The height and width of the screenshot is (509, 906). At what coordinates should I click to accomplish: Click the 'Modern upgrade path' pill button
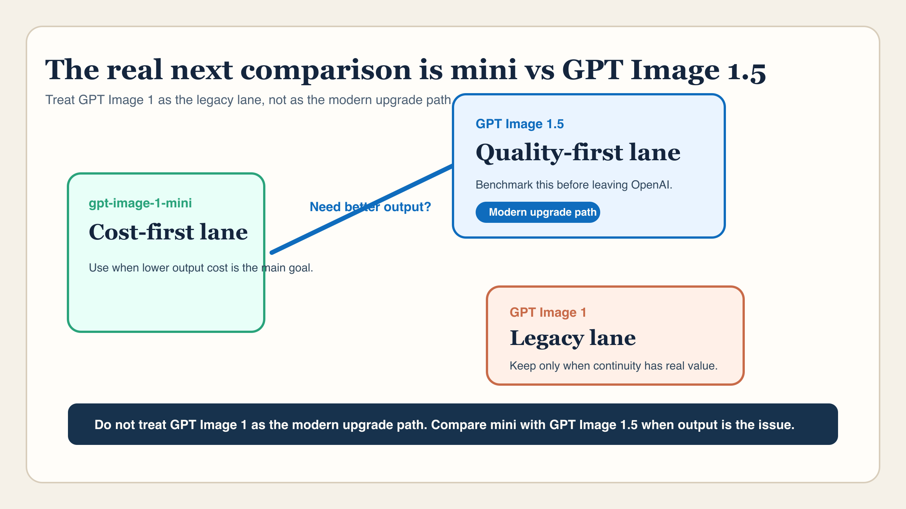point(538,212)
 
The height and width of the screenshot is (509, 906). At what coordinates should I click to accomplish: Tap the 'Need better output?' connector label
point(370,207)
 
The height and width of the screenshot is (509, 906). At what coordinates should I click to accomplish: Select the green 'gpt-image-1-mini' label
point(140,203)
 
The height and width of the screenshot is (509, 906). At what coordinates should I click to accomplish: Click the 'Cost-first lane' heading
point(168,232)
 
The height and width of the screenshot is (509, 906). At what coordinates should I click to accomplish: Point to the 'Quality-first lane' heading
point(578,153)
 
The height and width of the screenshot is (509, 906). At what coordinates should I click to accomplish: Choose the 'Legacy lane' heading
point(572,338)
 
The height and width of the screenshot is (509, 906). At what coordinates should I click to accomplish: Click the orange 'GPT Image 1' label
point(547,312)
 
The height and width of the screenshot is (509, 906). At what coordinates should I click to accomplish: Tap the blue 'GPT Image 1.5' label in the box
point(519,124)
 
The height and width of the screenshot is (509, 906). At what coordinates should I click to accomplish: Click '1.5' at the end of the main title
point(746,71)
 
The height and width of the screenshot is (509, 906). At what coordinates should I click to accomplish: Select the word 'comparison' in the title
point(325,71)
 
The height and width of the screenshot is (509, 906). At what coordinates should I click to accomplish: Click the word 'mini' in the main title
point(483,71)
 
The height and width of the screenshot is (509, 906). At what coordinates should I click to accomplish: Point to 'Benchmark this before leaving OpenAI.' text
point(573,185)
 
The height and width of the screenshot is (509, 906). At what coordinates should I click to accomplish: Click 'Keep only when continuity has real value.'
point(613,366)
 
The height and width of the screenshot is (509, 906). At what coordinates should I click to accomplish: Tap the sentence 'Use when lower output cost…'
point(201,268)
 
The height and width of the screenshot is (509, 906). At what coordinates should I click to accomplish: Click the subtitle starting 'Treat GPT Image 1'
point(248,100)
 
